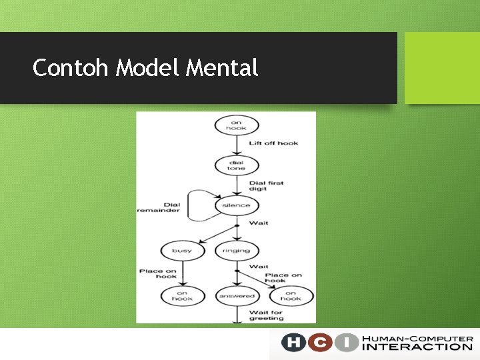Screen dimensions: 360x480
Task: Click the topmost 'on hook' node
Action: point(236,125)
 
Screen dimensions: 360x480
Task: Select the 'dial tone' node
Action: point(236,165)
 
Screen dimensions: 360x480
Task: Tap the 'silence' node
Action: point(236,205)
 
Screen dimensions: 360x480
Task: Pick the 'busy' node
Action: point(181,251)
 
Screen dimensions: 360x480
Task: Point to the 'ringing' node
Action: point(236,251)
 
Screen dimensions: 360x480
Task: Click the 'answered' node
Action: point(237,296)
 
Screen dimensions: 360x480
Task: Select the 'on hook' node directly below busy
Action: point(181,296)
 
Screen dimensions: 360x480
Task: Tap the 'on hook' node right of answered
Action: point(291,296)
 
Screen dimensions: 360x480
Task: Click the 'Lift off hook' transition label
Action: point(273,143)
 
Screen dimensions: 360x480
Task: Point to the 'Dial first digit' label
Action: point(266,186)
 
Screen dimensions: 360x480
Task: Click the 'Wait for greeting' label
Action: point(266,315)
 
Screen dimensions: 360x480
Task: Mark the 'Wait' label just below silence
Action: point(259,223)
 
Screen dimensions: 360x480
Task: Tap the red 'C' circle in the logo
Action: point(319,343)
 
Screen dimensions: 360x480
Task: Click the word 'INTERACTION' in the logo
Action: point(417,347)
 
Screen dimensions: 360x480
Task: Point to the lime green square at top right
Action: point(442,68)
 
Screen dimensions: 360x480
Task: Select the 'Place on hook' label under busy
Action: point(158,273)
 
